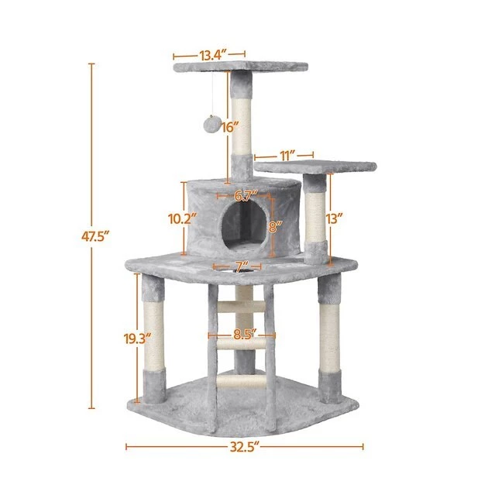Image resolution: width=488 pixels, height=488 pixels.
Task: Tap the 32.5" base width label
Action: click(244, 447)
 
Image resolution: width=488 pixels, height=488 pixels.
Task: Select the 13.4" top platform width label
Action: click(211, 55)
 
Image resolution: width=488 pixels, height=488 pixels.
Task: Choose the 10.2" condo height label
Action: click(183, 219)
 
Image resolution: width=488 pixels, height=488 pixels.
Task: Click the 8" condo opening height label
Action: click(274, 225)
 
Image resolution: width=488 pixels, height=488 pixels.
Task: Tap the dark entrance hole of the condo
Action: click(242, 228)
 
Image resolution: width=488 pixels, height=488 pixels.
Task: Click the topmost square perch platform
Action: click(240, 69)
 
